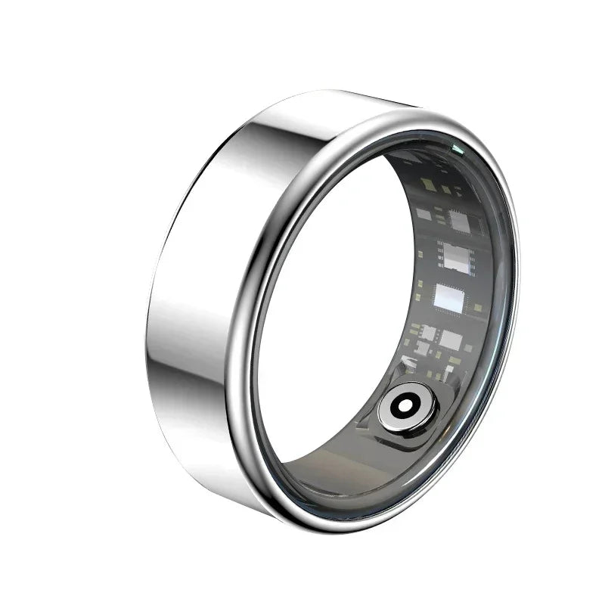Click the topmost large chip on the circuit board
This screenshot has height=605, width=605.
click(x=459, y=221)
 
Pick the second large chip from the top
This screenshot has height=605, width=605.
click(x=457, y=258)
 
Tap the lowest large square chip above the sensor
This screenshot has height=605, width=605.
click(x=450, y=340)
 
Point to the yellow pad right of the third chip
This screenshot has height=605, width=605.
click(x=478, y=308)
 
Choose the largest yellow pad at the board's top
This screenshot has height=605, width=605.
click(x=428, y=185)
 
